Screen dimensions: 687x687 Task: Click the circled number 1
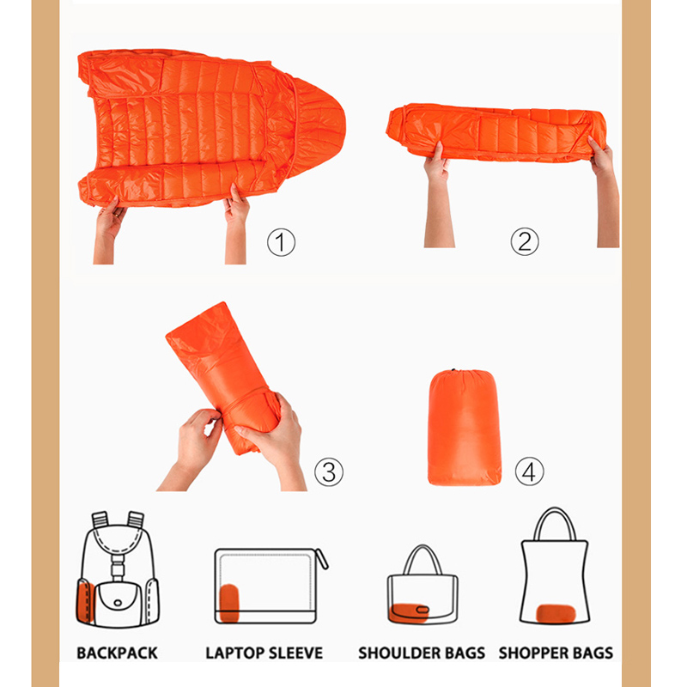281,242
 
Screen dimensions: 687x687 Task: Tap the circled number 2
525,241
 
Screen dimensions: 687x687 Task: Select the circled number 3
329,471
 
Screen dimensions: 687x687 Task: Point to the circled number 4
529,471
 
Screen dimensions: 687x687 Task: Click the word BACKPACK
117,653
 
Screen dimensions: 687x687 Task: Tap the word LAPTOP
234,653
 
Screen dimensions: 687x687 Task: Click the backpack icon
118,568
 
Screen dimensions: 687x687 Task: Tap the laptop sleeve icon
271,586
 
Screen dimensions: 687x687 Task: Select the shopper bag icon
554,566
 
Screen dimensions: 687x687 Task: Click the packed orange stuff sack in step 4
464,427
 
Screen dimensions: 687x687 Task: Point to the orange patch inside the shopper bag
556,613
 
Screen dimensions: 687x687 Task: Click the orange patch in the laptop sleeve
229,603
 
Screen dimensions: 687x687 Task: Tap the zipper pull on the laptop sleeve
322,559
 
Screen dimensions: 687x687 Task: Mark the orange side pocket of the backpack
85,600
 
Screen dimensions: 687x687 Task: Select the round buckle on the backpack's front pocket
118,603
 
